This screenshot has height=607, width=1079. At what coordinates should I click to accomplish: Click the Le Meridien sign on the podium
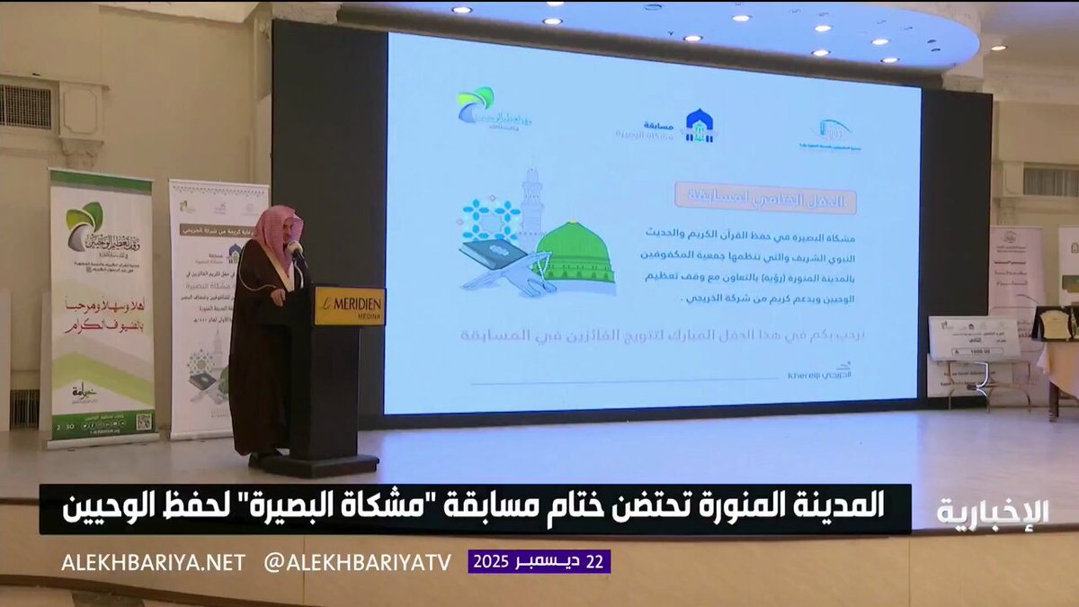349,307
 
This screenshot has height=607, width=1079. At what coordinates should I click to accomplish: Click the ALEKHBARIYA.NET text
154,562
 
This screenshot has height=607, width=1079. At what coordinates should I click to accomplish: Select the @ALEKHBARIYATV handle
357,562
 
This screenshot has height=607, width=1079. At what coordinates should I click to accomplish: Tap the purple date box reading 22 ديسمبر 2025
539,562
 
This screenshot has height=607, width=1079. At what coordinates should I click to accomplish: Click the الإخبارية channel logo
994,512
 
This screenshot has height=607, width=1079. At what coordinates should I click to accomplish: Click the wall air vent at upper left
23,107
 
